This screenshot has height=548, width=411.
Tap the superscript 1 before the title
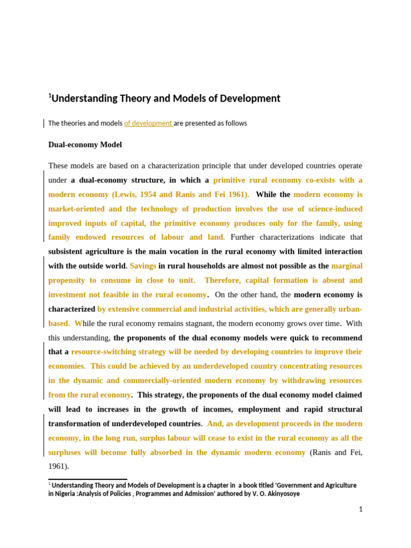[50, 96]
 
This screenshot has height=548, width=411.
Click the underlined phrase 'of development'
[148, 123]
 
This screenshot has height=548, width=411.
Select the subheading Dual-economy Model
[85, 144]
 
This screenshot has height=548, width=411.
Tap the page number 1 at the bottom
[361, 509]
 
